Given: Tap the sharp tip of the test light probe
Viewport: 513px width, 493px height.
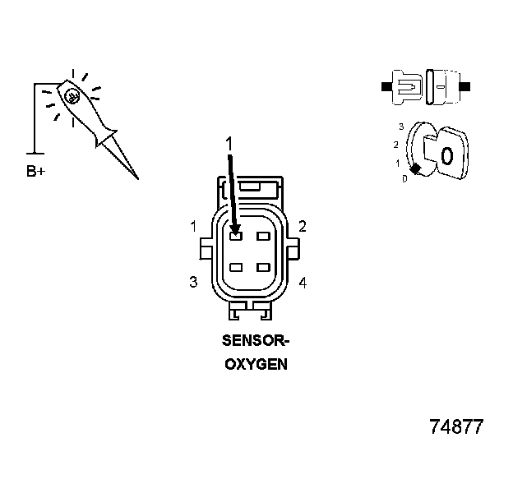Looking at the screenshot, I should [137, 177].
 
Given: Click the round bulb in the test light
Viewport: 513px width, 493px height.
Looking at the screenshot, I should [72, 96].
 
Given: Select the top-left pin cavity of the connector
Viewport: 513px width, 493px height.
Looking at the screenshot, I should [236, 237].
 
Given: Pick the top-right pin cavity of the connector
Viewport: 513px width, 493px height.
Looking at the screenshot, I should [263, 237].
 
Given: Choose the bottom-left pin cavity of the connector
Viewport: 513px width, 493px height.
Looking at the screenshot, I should [236, 268].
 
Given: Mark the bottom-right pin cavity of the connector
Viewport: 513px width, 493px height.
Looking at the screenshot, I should [263, 268].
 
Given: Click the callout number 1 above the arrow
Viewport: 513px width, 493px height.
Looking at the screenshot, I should [230, 144].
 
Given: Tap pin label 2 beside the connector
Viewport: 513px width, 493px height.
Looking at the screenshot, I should [303, 226].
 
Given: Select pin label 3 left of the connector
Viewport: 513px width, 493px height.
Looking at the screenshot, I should [193, 282].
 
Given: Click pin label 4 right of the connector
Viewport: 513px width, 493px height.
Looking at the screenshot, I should [303, 283].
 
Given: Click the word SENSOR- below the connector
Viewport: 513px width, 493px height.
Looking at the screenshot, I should [256, 340].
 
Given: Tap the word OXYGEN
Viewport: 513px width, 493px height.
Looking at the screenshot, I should [256, 364].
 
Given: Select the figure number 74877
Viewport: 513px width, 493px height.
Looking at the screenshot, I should [456, 427].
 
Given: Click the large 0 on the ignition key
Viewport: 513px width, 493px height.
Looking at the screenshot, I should [447, 155].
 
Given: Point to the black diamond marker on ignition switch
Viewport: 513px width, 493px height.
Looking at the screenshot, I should [416, 168].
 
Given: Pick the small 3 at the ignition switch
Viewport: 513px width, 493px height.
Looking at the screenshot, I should [400, 127].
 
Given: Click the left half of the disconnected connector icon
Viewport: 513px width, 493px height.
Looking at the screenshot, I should [407, 85].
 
